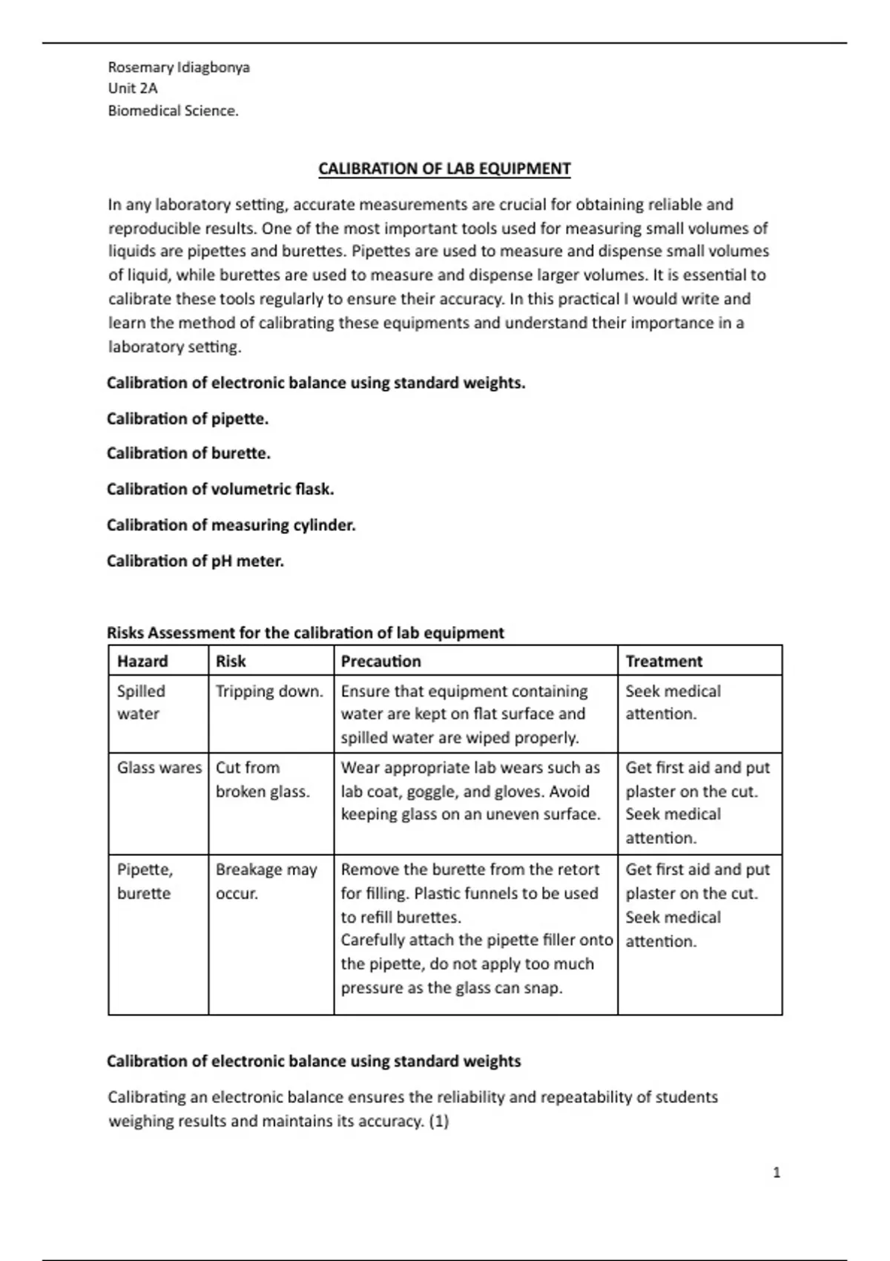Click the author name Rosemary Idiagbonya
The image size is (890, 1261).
[179, 68]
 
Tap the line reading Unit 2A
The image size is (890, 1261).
[133, 88]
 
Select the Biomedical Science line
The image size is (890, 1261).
[173, 111]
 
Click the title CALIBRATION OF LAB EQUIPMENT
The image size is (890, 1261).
[444, 168]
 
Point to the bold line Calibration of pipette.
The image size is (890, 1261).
[188, 418]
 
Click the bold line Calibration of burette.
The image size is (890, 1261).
[188, 453]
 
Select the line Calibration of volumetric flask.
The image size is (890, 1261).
[220, 489]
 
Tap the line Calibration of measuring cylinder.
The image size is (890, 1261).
[231, 525]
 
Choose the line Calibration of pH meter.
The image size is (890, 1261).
[195, 561]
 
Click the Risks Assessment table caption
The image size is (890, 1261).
[305, 633]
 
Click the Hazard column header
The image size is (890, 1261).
[142, 661]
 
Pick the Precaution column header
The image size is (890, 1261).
[380, 661]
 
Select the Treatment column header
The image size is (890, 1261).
[664, 661]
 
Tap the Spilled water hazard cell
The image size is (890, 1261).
[141, 702]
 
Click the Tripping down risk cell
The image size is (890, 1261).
[269, 691]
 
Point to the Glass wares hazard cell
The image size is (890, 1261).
[159, 768]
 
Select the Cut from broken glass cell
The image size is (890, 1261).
[262, 780]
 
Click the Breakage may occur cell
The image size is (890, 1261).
[266, 881]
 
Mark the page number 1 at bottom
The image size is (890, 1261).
[777, 1173]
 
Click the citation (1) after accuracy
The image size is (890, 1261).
[438, 1121]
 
